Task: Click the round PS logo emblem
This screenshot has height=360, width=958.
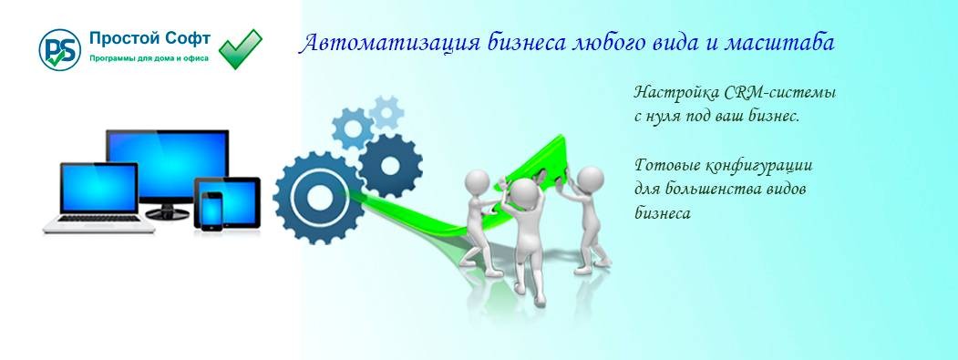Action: point(60,51)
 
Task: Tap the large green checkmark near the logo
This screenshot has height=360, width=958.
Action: point(241,48)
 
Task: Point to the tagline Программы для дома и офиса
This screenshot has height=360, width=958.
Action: point(149,59)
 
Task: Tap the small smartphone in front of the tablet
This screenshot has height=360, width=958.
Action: point(211,210)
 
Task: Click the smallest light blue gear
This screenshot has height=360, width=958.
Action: point(387,112)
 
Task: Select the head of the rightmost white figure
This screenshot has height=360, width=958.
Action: point(590,177)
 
